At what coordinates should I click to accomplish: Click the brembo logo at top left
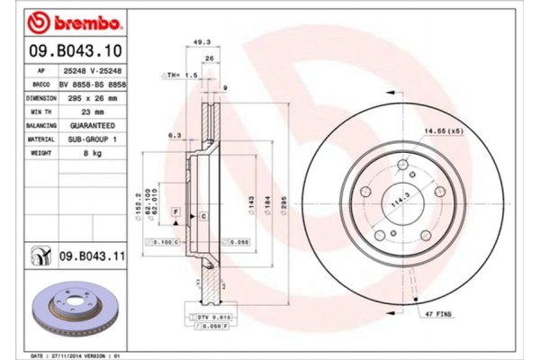coord(67,20)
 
